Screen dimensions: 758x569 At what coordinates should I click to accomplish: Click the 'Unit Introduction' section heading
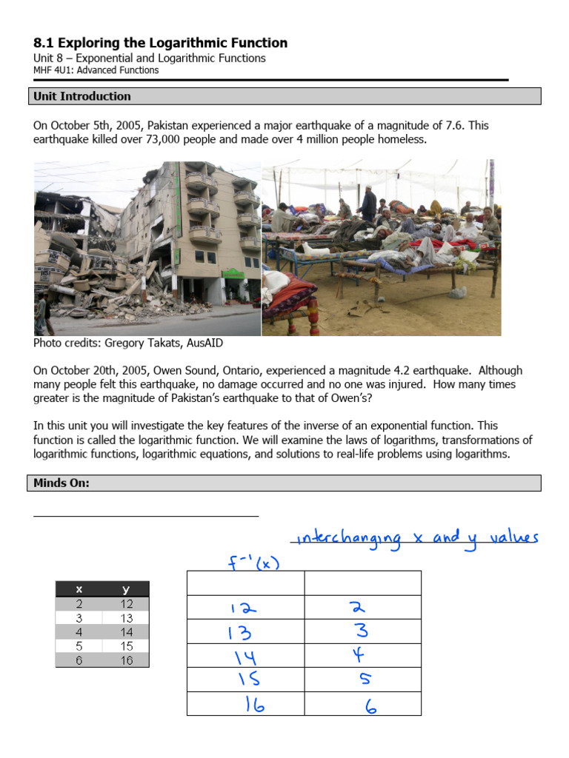click(81, 96)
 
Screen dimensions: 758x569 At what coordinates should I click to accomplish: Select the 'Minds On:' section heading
click(61, 483)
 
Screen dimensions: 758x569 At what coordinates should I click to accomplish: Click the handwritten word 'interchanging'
click(348, 539)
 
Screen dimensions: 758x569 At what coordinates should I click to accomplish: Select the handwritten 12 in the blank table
click(243, 608)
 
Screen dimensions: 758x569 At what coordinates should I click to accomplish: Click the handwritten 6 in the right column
click(370, 707)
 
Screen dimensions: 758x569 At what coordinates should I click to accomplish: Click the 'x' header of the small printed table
click(79, 589)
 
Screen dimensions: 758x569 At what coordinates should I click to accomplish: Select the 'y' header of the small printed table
click(126, 589)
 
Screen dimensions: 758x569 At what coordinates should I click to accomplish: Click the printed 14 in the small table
click(126, 632)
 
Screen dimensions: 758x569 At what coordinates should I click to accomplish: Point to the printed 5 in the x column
click(79, 646)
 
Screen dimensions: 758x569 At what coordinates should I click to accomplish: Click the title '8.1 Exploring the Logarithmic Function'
click(161, 43)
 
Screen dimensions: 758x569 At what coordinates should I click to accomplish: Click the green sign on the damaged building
click(233, 274)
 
